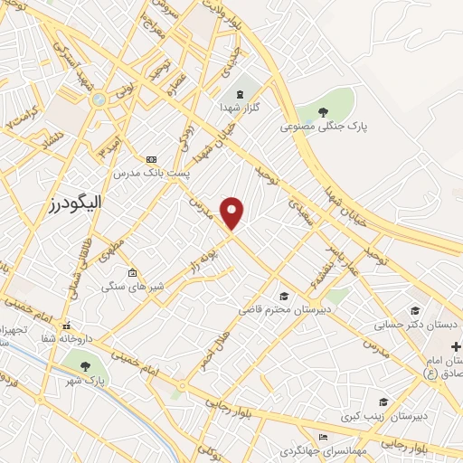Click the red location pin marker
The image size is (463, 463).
232,213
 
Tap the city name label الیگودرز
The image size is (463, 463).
75,203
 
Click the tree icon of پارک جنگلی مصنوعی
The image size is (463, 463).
324,112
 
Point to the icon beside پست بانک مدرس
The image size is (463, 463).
151,158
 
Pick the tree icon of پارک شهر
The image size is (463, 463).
85,366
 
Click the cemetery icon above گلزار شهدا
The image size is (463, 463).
240,94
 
